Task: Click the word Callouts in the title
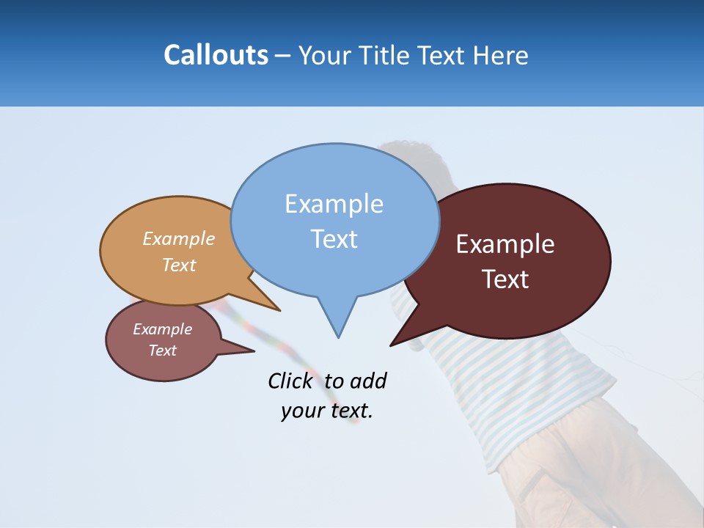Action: pos(216,55)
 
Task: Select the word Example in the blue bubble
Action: pos(334,204)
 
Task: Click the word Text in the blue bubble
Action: pos(334,239)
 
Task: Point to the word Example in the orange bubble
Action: pos(179,239)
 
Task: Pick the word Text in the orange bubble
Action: pos(179,265)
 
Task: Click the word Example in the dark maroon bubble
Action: pos(505,244)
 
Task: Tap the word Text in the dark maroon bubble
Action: pos(505,279)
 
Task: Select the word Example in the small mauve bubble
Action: pos(162,329)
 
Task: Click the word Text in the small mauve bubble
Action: pos(162,351)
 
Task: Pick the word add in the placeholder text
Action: pos(368,381)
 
